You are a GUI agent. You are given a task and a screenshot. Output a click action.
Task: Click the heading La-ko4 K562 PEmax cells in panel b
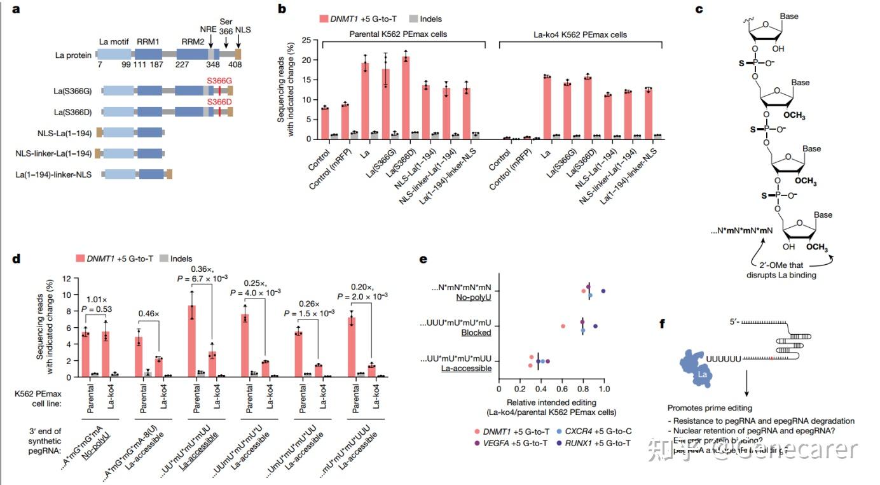click(581, 33)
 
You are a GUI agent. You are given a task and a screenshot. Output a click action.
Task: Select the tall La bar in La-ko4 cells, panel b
click(547, 107)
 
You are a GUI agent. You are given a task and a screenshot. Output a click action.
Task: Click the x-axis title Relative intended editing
click(551, 402)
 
